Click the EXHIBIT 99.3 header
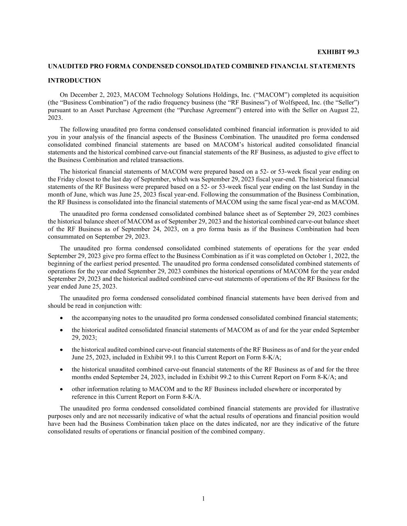338,52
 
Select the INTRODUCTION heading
74,81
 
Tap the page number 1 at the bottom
203,499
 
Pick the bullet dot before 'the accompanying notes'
62,318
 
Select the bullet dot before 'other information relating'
62,389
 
